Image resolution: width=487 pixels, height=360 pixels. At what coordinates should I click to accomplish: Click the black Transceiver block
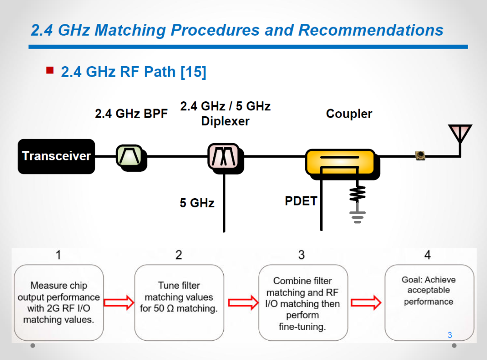(56, 156)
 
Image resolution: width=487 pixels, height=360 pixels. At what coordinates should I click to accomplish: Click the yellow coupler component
(342, 164)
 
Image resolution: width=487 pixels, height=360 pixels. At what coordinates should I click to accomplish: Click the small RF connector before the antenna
(420, 155)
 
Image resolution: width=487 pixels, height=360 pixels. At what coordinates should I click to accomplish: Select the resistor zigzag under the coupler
(358, 194)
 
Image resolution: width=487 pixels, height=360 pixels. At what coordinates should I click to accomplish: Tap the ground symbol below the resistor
(358, 217)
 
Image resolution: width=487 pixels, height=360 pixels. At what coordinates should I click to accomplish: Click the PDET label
(301, 201)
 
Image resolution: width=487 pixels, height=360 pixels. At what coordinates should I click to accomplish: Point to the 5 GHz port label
(197, 203)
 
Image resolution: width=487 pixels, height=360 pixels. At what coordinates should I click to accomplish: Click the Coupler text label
(349, 114)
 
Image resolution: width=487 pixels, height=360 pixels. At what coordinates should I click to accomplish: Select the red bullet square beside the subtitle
(50, 70)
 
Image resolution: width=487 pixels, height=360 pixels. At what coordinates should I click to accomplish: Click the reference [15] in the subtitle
(193, 72)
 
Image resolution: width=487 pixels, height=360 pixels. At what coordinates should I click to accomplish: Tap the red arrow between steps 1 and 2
(119, 303)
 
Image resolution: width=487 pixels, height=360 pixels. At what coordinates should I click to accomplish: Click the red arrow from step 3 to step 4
(366, 303)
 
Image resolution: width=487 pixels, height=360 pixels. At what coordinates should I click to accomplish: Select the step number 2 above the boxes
(179, 255)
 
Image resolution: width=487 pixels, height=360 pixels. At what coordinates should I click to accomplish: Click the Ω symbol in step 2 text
(170, 309)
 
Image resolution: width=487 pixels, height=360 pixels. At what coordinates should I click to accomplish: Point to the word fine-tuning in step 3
(302, 327)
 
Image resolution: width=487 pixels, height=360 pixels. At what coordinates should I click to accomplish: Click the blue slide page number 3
(450, 335)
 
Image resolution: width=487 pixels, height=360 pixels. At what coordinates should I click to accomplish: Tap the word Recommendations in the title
(371, 30)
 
